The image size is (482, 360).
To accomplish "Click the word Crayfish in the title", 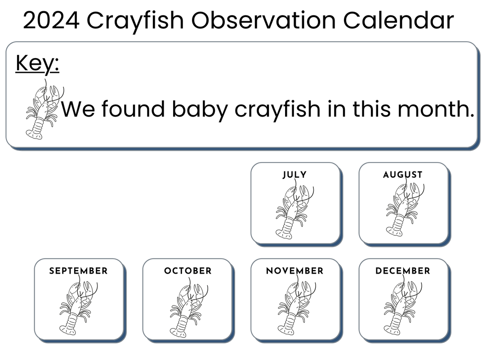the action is [x=135, y=21].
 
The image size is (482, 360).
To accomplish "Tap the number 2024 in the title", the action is [x=51, y=20].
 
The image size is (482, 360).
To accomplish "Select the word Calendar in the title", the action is [x=398, y=20].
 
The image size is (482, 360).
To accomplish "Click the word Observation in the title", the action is [x=263, y=20].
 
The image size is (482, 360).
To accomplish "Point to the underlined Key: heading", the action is [x=37, y=64].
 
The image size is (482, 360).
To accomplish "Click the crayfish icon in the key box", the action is [x=45, y=109].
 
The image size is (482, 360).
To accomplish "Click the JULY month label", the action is [x=295, y=175].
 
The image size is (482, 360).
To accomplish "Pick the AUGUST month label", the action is [x=403, y=175].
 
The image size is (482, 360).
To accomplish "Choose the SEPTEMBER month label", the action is [x=78, y=271].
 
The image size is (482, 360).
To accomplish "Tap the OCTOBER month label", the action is [x=188, y=271].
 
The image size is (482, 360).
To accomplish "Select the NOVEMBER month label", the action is [x=295, y=271].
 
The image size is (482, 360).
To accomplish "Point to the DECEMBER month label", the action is [x=403, y=271].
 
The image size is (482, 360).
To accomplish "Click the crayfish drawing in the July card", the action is [x=295, y=209].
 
